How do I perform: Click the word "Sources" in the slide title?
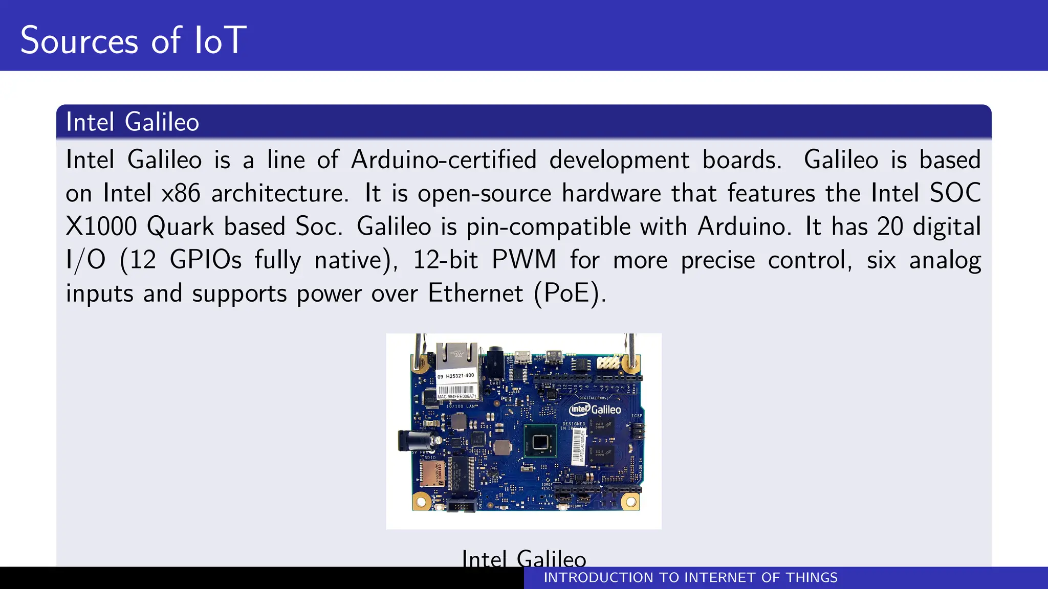tap(79, 40)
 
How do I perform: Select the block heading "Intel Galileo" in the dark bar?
tap(133, 122)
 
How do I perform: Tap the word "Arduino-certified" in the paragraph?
tap(444, 160)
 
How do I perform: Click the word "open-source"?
tap(485, 193)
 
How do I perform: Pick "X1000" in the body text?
tap(101, 226)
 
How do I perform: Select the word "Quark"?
tap(180, 226)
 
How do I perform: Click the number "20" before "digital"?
tap(890, 226)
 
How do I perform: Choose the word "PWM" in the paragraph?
tap(523, 260)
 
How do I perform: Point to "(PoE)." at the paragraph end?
tap(570, 293)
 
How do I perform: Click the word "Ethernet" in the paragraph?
tap(475, 293)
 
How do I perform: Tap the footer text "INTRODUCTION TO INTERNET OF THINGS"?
tap(690, 578)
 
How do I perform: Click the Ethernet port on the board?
tap(456, 355)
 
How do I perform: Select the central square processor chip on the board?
tap(540, 441)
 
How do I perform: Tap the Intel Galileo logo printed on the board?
tap(595, 409)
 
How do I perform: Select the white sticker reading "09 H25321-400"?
tap(455, 376)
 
